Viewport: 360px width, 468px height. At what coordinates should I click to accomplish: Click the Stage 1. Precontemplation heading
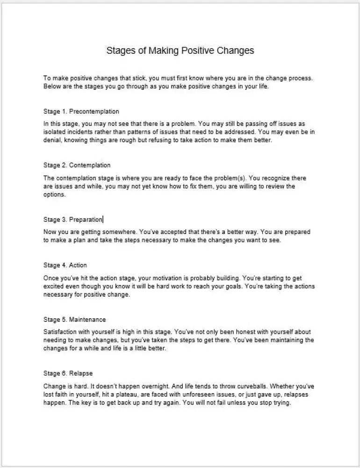point(81,111)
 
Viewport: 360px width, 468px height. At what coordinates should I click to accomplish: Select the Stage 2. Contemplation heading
point(77,165)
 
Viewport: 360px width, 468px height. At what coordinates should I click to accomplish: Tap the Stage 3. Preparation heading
point(73,219)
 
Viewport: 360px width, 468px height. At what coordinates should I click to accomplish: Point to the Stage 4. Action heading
point(65,265)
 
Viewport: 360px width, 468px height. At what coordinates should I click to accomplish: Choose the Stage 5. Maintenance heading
point(74,320)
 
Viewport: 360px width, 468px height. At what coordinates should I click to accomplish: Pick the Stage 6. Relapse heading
point(68,373)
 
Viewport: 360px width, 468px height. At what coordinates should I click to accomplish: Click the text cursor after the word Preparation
point(103,219)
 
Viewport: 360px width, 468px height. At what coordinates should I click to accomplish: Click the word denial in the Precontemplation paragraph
point(51,140)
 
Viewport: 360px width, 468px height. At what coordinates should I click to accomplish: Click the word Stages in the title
point(120,51)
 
